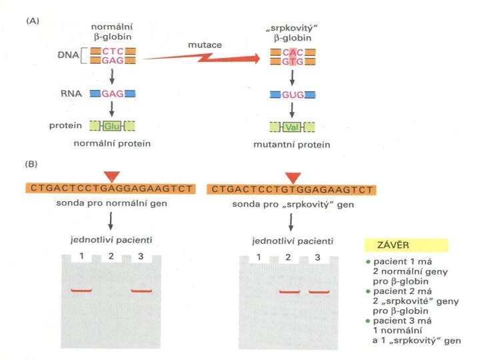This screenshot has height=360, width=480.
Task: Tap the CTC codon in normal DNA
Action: (112, 51)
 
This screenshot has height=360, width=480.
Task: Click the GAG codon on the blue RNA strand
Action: (112, 94)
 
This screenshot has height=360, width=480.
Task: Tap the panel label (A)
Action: (32, 21)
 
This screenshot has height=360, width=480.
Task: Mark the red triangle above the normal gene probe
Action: (112, 176)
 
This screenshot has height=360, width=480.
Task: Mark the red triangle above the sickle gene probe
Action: (293, 177)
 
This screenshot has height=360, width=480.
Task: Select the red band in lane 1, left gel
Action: (82, 291)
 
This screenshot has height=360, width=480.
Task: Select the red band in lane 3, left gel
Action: (143, 291)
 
